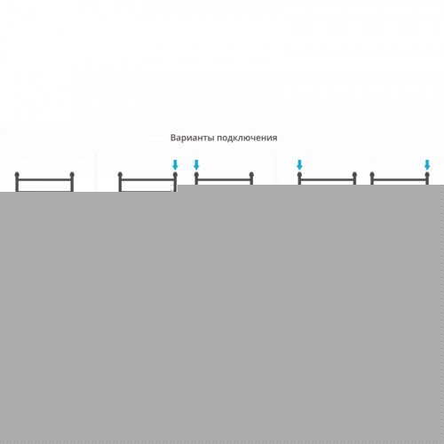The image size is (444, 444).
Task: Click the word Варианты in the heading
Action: (x=193, y=138)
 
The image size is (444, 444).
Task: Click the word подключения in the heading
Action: (x=248, y=139)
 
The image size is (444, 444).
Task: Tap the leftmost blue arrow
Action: (x=175, y=165)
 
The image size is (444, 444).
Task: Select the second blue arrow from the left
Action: (x=196, y=165)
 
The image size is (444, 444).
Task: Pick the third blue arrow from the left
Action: (x=299, y=165)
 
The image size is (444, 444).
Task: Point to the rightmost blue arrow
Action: (x=427, y=165)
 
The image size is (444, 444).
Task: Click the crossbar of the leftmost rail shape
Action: (x=44, y=179)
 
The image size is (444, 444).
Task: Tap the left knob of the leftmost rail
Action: (x=17, y=174)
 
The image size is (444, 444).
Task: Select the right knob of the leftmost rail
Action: (x=72, y=174)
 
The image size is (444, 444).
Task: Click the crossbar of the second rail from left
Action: (x=147, y=179)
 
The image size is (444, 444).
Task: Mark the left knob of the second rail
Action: (x=120, y=174)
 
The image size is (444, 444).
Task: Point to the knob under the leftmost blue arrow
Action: (x=175, y=174)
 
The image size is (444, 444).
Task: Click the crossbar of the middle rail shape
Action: (x=224, y=179)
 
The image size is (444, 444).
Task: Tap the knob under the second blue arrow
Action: (x=196, y=174)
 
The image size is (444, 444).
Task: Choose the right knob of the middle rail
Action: (x=251, y=174)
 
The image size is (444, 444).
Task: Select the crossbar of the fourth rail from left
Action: (x=327, y=179)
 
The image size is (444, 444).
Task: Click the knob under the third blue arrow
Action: (x=299, y=174)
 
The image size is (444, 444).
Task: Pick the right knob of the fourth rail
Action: (x=354, y=174)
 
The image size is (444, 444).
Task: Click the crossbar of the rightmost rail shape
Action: (x=400, y=179)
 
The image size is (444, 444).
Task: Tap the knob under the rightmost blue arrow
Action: (x=427, y=174)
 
